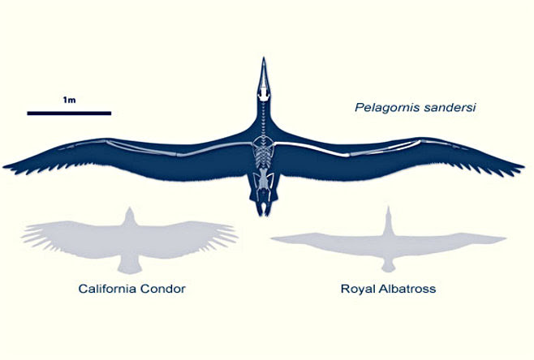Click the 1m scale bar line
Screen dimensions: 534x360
[x=68, y=112]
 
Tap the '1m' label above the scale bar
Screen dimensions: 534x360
[x=69, y=100]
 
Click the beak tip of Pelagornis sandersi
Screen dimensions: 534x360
[x=262, y=61]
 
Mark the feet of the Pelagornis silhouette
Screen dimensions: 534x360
[x=262, y=211]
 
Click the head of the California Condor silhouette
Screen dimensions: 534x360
[x=127, y=212]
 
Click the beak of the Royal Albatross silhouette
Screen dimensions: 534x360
[x=388, y=210]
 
